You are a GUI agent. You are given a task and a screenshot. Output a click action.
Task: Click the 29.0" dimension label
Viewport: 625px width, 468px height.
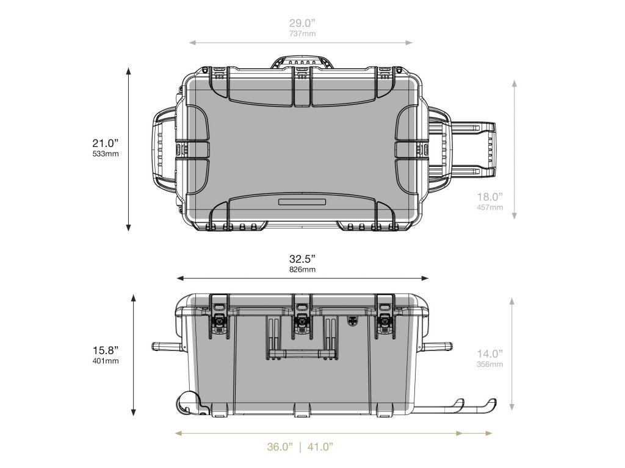click(302, 23)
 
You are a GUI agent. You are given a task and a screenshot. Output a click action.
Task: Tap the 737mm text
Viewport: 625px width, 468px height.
click(302, 34)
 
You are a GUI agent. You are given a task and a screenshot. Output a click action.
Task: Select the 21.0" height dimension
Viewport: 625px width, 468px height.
click(106, 143)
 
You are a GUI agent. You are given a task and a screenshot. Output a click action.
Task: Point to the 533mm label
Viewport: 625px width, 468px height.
click(106, 154)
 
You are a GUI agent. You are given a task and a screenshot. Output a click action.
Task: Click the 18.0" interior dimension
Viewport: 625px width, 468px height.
click(490, 197)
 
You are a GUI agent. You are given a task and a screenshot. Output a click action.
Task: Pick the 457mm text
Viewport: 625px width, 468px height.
click(490, 207)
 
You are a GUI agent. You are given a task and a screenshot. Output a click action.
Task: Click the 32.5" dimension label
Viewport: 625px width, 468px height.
click(302, 259)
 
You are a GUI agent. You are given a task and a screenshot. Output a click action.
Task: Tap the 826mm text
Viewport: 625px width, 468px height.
click(302, 269)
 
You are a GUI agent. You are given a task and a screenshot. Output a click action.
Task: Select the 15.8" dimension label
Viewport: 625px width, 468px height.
click(106, 350)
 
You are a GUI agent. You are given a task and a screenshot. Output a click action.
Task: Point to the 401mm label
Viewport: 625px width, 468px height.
click(106, 361)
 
